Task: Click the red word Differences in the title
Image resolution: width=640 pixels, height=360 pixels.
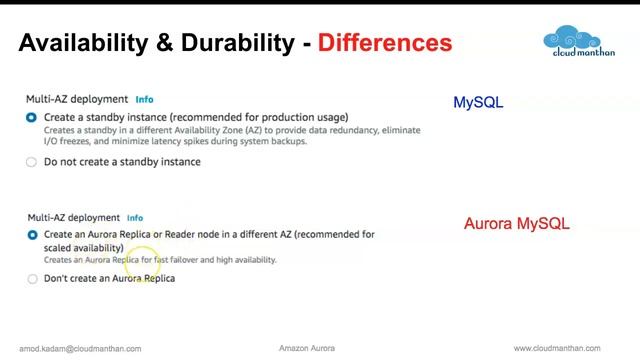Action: (385, 43)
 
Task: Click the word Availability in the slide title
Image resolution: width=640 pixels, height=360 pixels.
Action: (82, 43)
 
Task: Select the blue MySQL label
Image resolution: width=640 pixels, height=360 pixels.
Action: (478, 102)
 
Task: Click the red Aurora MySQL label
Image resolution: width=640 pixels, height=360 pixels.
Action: (516, 224)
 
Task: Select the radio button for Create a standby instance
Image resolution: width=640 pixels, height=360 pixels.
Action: (32, 118)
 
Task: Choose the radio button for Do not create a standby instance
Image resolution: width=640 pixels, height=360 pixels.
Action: (32, 162)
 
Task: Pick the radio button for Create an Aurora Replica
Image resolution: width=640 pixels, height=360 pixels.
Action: (32, 235)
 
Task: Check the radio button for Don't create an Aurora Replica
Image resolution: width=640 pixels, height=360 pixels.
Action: (32, 279)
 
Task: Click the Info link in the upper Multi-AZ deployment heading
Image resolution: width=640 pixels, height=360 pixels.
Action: (144, 100)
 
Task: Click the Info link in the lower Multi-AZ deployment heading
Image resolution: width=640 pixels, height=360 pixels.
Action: (134, 218)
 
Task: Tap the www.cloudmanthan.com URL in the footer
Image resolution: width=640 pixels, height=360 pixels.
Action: (557, 349)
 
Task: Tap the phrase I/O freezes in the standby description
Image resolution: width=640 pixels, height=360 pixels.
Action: (67, 141)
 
